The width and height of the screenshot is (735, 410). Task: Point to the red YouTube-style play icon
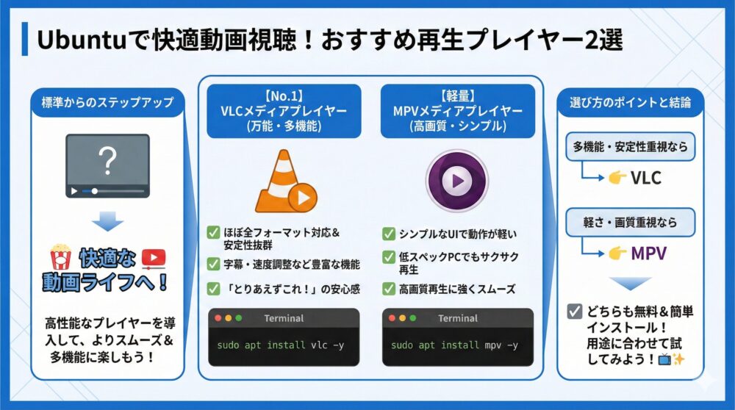pyautogui.click(x=153, y=257)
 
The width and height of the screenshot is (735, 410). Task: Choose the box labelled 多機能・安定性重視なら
pyautogui.click(x=630, y=147)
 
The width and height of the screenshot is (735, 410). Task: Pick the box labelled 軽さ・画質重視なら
pyautogui.click(x=630, y=222)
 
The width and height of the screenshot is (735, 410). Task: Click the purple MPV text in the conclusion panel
pyautogui.click(x=648, y=253)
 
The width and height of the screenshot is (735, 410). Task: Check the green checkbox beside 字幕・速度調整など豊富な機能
pyautogui.click(x=214, y=262)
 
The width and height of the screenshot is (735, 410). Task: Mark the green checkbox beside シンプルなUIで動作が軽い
pyautogui.click(x=389, y=234)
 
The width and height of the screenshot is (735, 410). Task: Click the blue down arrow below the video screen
pyautogui.click(x=108, y=220)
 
